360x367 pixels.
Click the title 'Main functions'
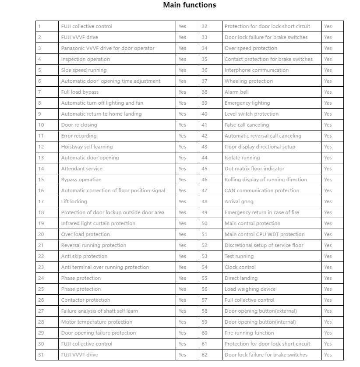pos(189,5)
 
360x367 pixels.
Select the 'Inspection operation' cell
pos(85,59)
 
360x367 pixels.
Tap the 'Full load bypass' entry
pos(80,92)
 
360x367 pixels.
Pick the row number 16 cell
pos(41,191)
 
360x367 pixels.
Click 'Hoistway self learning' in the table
pos(87,147)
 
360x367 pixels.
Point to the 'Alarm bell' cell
pos(236,92)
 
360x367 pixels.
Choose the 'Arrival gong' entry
pos(239,201)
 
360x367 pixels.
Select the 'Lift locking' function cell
pos(74,201)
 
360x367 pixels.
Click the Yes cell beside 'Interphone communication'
pos(328,70)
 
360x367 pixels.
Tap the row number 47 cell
pos(205,191)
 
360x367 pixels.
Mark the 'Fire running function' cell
pos(249,333)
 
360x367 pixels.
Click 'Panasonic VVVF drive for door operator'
pos(108,48)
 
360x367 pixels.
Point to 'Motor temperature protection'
pos(96,322)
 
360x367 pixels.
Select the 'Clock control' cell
pos(240,267)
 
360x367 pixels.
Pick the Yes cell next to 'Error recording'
pos(182,136)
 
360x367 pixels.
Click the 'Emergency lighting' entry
pos(247,103)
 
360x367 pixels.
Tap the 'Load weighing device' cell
pos(250,289)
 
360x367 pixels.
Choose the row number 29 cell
pos(41,333)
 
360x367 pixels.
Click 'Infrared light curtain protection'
pos(98,223)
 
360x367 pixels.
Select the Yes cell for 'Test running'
pos(328,256)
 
